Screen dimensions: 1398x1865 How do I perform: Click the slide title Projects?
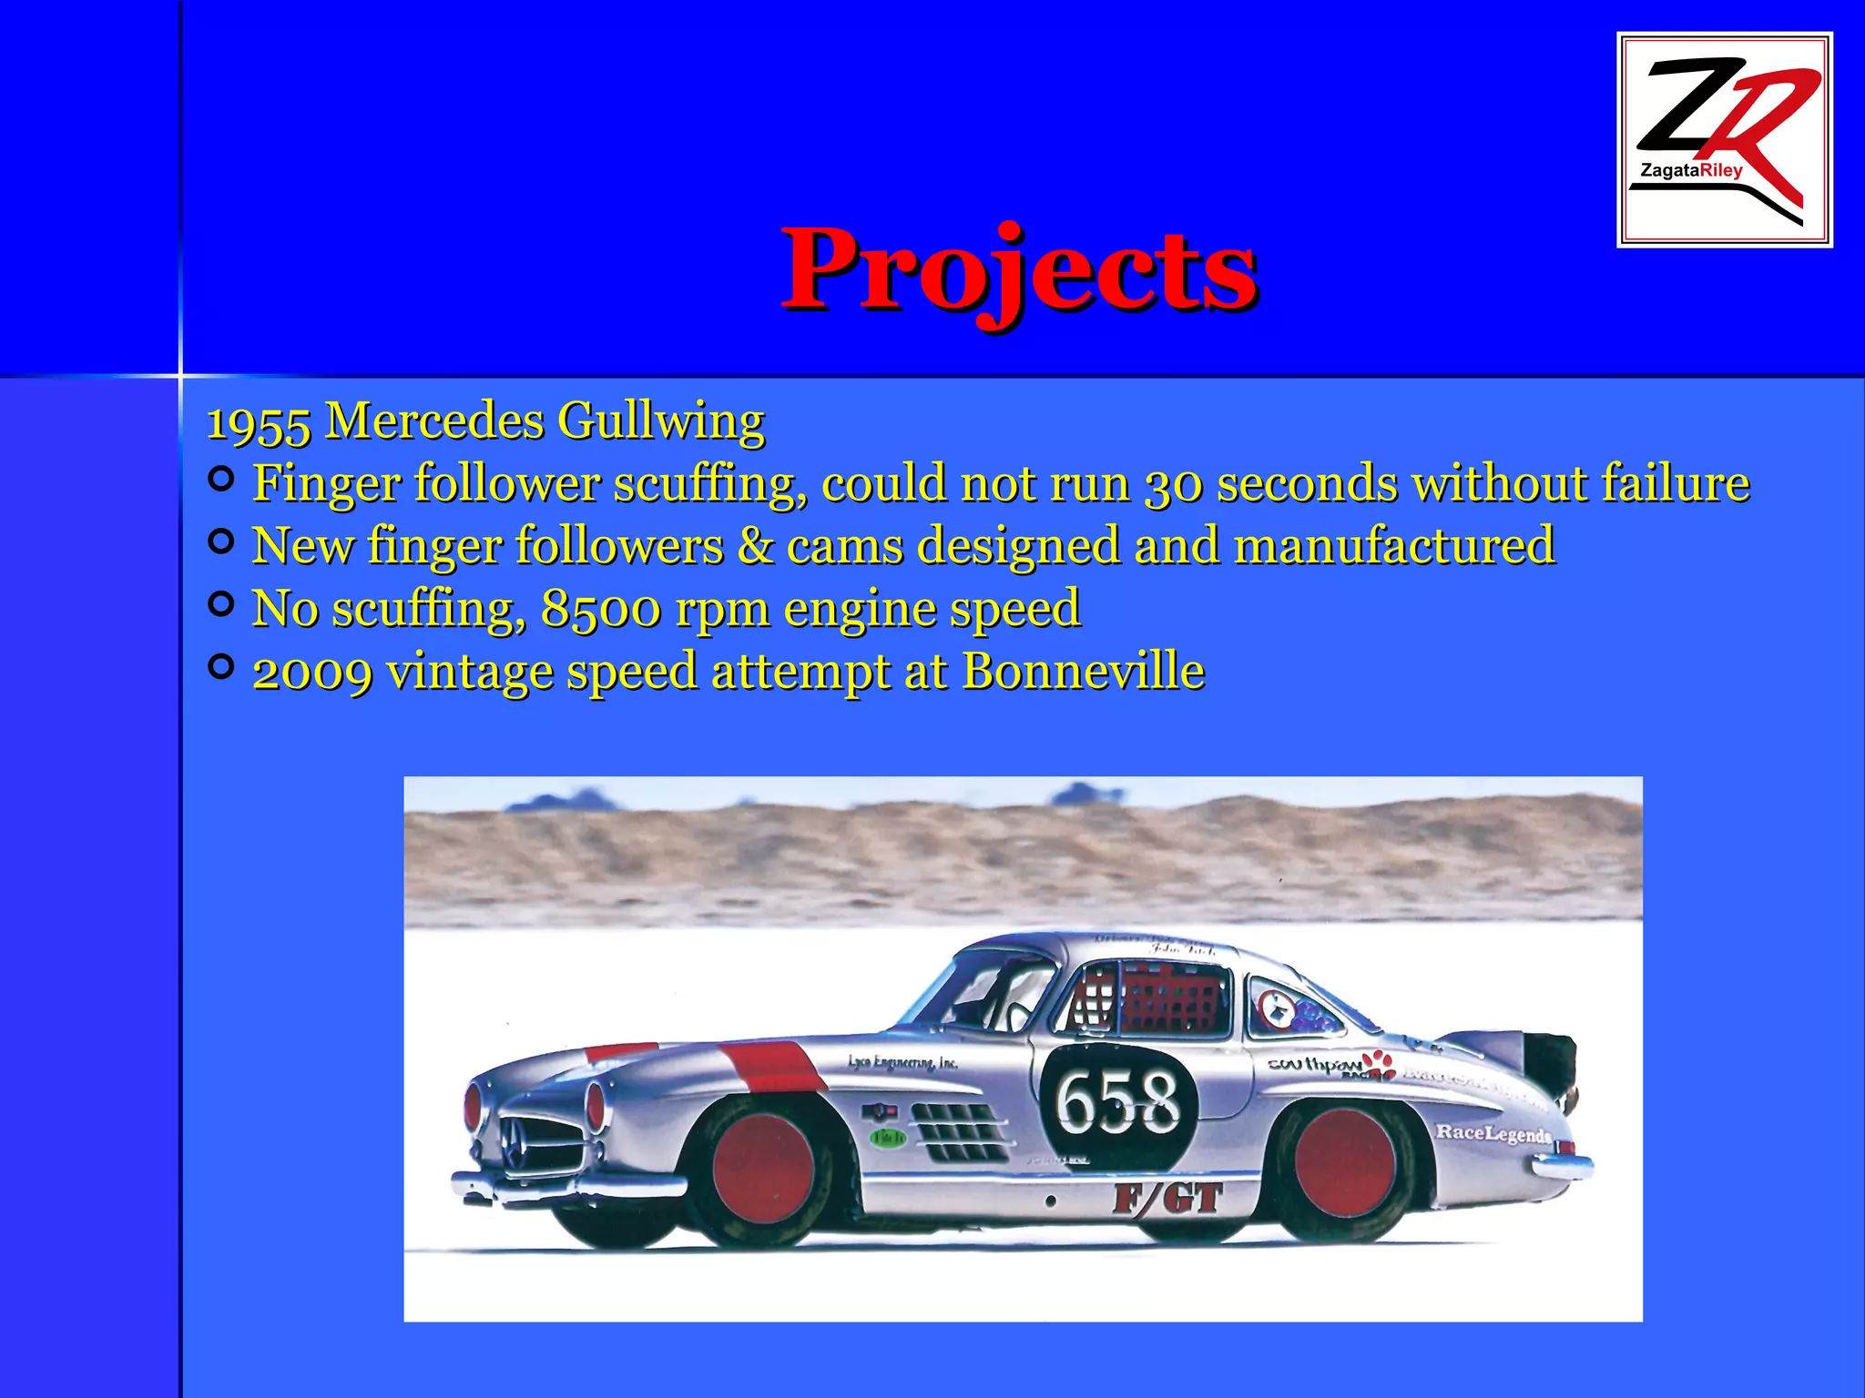pyautogui.click(x=1019, y=269)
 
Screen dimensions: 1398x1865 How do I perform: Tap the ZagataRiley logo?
pyautogui.click(x=1724, y=139)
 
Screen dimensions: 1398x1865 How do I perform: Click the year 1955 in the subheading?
pyautogui.click(x=260, y=422)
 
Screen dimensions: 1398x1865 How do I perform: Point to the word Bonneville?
pyautogui.click(x=1083, y=672)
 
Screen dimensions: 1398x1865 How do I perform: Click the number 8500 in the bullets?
pyautogui.click(x=601, y=609)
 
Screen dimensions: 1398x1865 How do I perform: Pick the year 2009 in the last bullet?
pyautogui.click(x=311, y=673)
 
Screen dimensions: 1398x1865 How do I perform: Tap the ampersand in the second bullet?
pyautogui.click(x=755, y=546)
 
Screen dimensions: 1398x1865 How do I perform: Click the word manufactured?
pyautogui.click(x=1394, y=546)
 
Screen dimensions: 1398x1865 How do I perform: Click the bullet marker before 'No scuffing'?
pyautogui.click(x=220, y=604)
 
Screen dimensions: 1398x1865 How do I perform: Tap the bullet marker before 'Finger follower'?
pyautogui.click(x=220, y=479)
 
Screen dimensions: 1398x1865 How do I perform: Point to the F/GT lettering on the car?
pyautogui.click(x=1167, y=1199)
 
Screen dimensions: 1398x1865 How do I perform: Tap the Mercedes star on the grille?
pyautogui.click(x=512, y=1138)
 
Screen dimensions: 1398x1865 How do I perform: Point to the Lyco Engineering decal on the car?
pyautogui.click(x=902, y=1062)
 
